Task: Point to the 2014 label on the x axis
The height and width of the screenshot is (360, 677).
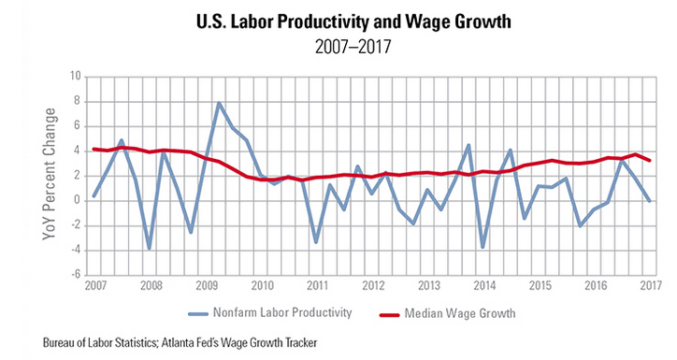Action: click(483, 285)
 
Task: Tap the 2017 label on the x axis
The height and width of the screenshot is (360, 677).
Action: click(649, 285)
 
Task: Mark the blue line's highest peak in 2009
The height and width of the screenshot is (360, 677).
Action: click(219, 103)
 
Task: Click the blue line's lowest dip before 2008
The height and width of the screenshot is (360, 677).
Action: click(149, 248)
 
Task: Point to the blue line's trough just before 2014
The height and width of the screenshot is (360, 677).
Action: click(483, 247)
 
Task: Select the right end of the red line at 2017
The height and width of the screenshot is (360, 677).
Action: click(650, 161)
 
